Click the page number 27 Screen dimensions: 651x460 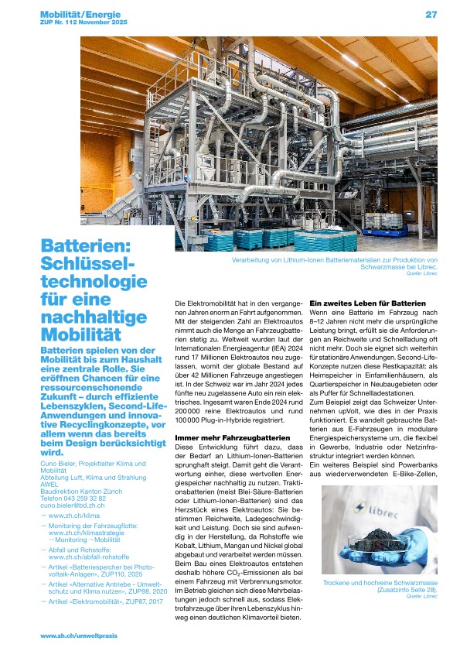(x=431, y=14)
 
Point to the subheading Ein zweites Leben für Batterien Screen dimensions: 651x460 (x=367, y=303)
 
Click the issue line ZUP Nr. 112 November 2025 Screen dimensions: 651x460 (x=80, y=23)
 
